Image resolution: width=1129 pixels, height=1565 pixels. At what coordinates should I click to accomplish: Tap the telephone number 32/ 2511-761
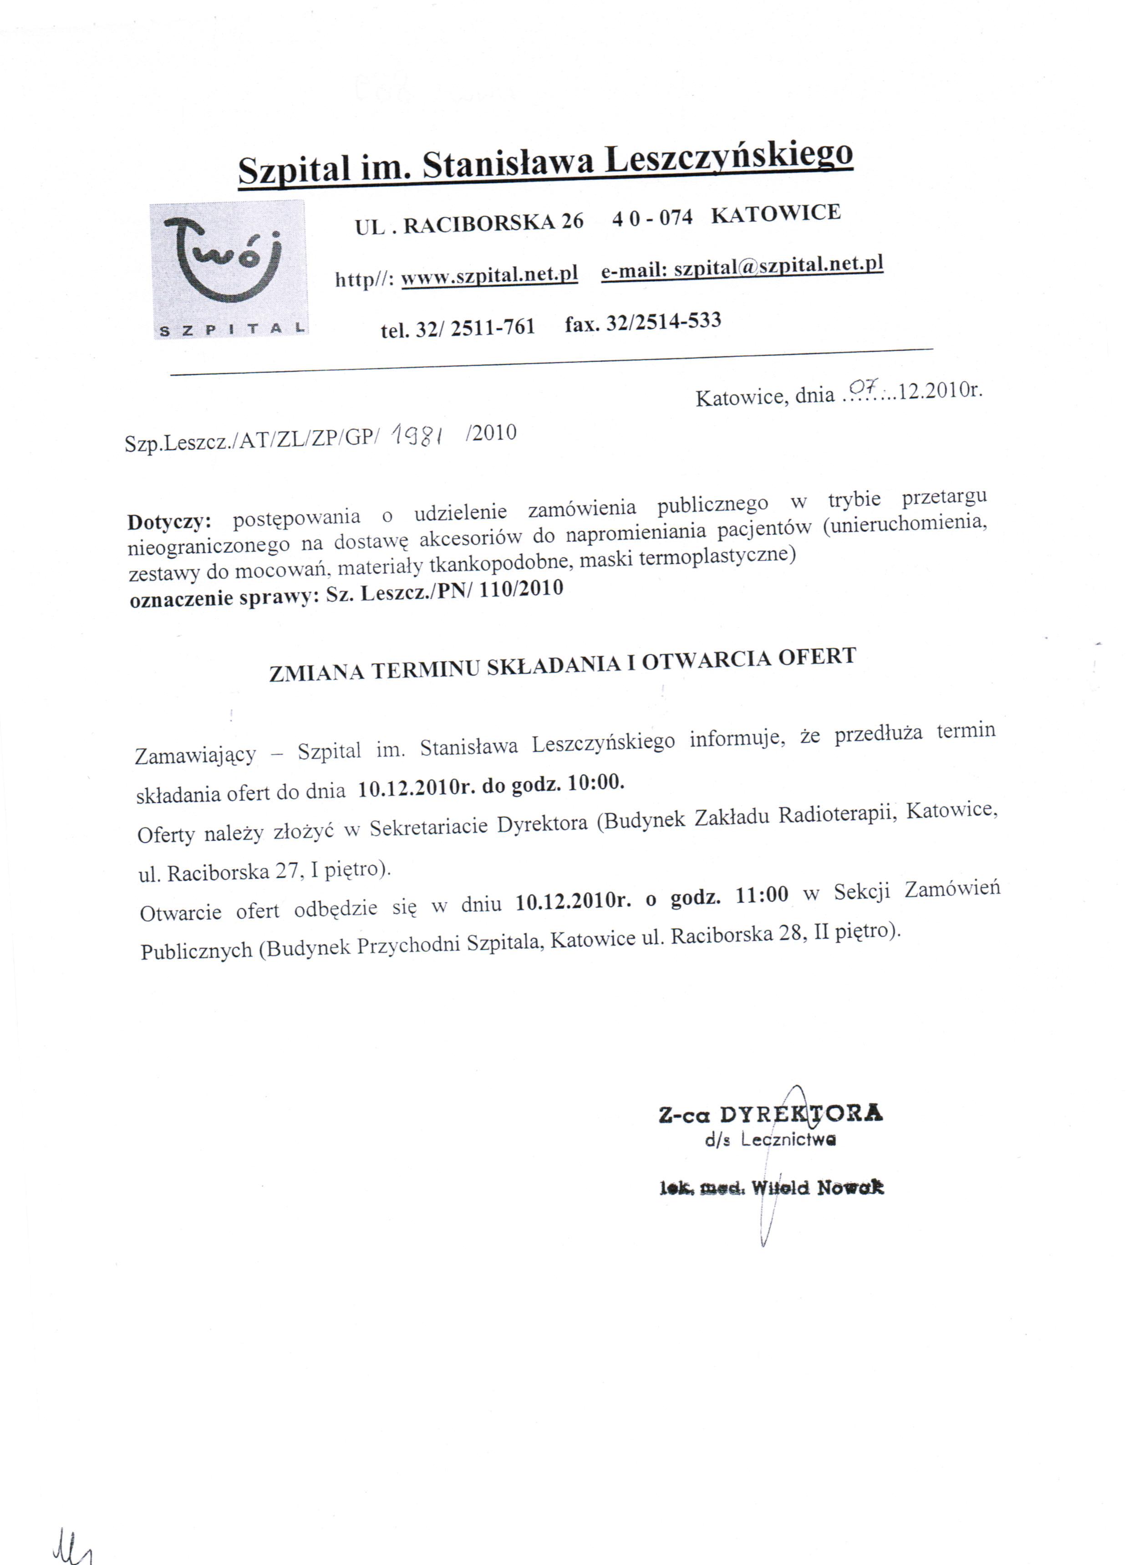(x=475, y=327)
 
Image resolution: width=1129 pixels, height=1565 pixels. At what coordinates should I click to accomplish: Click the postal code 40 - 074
(x=652, y=218)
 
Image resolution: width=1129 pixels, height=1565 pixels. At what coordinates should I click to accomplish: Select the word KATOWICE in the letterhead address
(x=776, y=213)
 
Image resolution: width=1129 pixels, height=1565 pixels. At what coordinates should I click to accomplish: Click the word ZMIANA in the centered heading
(x=316, y=672)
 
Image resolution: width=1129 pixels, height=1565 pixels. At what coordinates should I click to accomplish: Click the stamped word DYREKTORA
(x=800, y=1114)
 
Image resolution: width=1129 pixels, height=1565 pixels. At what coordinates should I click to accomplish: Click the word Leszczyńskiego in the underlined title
(x=729, y=158)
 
